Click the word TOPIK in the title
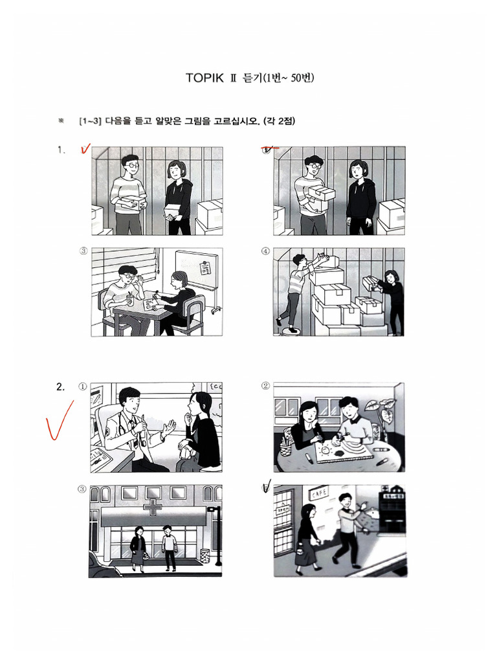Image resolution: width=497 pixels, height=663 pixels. click(x=203, y=78)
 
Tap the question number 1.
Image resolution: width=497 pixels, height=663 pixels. click(x=61, y=150)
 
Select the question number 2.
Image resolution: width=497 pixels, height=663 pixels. click(x=60, y=387)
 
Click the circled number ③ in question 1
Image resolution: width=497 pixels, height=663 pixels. click(x=83, y=252)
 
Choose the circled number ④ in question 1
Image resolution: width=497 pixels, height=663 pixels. click(x=265, y=252)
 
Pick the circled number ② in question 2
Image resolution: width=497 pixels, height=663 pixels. click(x=265, y=386)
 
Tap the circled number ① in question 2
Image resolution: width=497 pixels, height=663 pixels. click(x=83, y=387)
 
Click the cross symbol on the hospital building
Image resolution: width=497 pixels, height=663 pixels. click(x=153, y=508)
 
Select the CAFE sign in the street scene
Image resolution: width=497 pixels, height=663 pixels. click(x=318, y=495)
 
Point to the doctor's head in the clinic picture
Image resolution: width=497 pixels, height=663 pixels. click(x=129, y=400)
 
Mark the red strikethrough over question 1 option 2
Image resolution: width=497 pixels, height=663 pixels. click(x=269, y=148)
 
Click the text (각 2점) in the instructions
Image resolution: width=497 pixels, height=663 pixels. click(x=279, y=121)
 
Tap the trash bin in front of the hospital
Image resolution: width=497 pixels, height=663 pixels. click(x=204, y=556)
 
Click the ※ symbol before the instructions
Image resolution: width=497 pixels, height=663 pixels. click(x=61, y=121)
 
